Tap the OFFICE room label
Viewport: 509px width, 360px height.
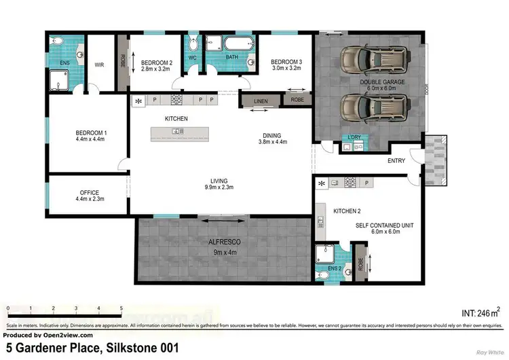(90, 192)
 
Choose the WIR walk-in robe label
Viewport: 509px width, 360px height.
(99, 65)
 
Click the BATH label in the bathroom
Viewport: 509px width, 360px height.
(231, 58)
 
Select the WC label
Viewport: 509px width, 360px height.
(193, 57)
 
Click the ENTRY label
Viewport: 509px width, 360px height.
(396, 161)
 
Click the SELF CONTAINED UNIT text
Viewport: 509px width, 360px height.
(384, 225)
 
